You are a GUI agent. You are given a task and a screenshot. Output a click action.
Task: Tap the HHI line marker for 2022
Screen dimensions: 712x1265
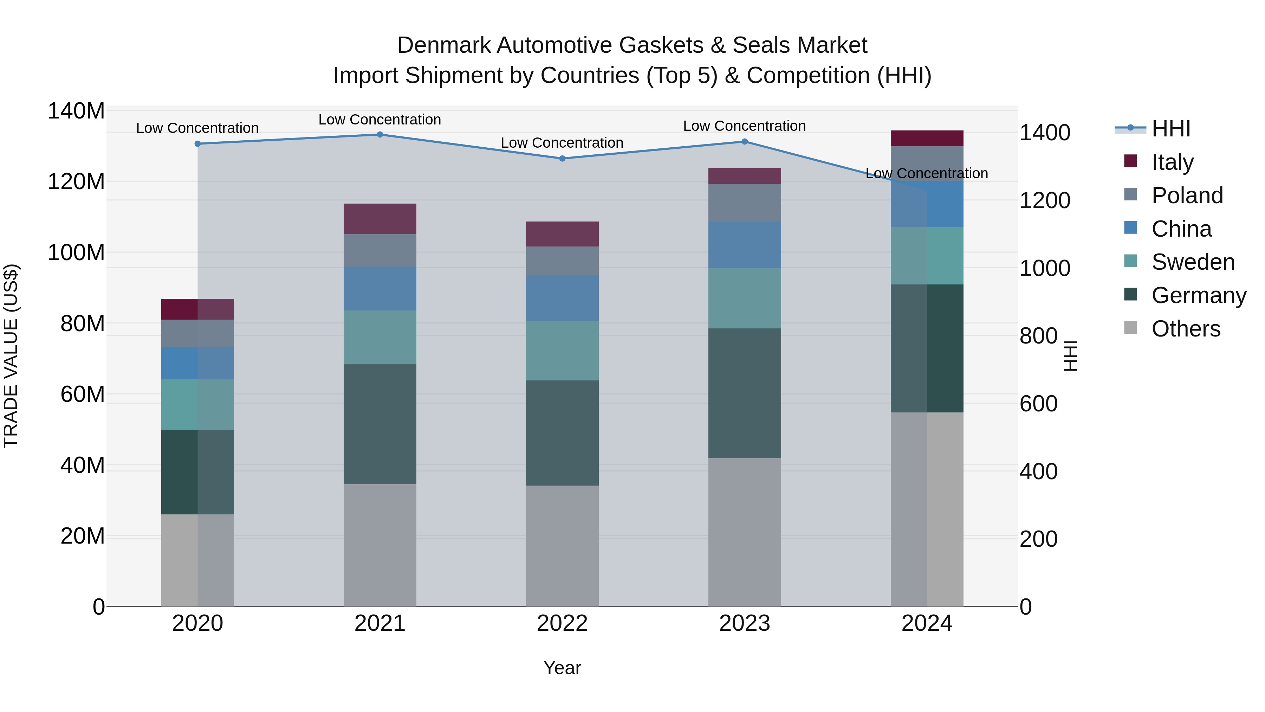(x=562, y=159)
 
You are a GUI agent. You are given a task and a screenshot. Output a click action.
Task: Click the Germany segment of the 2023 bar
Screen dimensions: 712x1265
(x=745, y=393)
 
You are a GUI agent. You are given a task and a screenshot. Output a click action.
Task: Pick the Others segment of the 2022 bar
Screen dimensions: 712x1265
(x=562, y=545)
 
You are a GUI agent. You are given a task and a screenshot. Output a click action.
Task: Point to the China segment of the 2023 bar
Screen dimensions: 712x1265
(x=745, y=245)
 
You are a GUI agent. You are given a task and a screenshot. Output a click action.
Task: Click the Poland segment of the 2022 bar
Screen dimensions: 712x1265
(x=562, y=261)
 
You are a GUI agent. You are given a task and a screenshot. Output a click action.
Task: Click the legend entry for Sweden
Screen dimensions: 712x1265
(x=1192, y=262)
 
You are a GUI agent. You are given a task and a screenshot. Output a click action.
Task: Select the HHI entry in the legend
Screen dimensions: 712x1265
(x=1171, y=129)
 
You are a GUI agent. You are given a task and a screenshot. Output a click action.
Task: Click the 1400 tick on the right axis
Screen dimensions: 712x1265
(x=1045, y=133)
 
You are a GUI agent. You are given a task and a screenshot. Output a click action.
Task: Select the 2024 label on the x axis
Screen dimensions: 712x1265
(x=927, y=623)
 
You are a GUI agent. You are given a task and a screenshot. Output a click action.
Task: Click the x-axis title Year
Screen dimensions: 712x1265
(x=562, y=668)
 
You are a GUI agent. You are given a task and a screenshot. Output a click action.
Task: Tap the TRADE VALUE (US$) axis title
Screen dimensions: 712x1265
(x=11, y=356)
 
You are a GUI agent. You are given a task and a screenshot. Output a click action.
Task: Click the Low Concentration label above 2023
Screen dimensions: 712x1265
(x=745, y=126)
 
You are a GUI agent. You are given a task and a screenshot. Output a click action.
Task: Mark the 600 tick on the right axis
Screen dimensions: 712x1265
(x=1038, y=404)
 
